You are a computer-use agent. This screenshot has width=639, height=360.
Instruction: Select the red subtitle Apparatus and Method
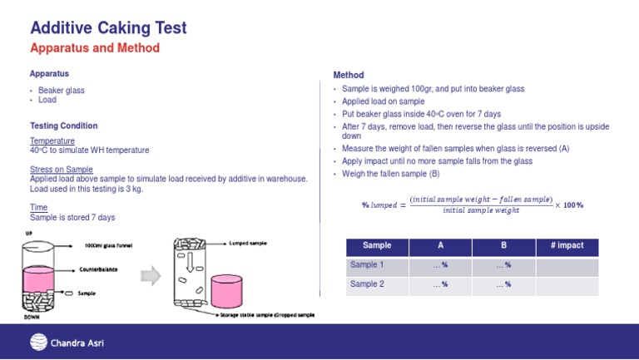point(94,48)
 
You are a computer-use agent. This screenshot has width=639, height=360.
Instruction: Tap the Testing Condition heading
point(63,126)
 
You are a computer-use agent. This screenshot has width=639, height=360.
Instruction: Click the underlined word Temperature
point(52,141)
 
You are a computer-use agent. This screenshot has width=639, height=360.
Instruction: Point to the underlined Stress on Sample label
point(62,170)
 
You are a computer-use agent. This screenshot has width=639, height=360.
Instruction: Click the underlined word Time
point(38,207)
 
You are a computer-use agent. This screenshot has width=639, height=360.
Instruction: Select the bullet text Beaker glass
point(61,90)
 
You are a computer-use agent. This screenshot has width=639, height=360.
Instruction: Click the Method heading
point(348,75)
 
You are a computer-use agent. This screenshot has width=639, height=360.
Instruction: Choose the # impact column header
point(567,246)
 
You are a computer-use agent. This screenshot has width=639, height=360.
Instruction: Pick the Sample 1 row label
point(367,265)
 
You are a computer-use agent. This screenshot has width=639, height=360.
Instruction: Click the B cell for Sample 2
point(503,284)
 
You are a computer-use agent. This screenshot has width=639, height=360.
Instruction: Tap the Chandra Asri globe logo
point(38,343)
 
